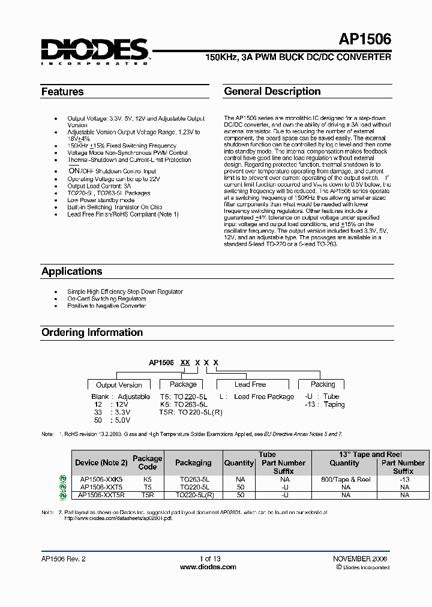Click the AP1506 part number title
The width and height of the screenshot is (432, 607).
click(x=365, y=40)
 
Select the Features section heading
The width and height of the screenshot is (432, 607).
click(x=62, y=92)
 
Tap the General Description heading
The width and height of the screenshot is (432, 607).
click(x=272, y=91)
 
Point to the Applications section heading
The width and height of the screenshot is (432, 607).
click(x=71, y=271)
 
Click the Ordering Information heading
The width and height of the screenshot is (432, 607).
click(x=92, y=332)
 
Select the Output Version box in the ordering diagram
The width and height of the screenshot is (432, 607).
click(x=119, y=385)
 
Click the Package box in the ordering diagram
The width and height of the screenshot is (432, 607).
click(x=183, y=384)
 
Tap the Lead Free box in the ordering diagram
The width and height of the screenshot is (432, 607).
click(x=250, y=384)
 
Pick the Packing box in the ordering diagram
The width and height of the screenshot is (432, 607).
click(x=323, y=384)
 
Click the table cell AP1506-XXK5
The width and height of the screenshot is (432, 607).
click(x=101, y=480)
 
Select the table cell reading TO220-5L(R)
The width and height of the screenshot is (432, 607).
click(x=193, y=495)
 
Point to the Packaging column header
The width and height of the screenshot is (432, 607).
click(x=193, y=462)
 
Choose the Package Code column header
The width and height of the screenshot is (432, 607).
click(x=148, y=462)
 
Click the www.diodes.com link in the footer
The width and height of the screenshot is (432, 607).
click(x=208, y=567)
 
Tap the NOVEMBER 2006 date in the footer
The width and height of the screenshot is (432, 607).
click(x=360, y=558)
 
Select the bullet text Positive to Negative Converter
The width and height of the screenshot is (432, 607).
click(x=106, y=306)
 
